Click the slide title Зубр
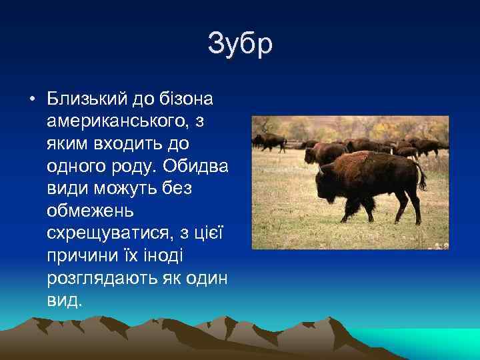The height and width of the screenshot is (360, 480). [x=240, y=45]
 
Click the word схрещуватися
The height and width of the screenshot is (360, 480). [x=106, y=233]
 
